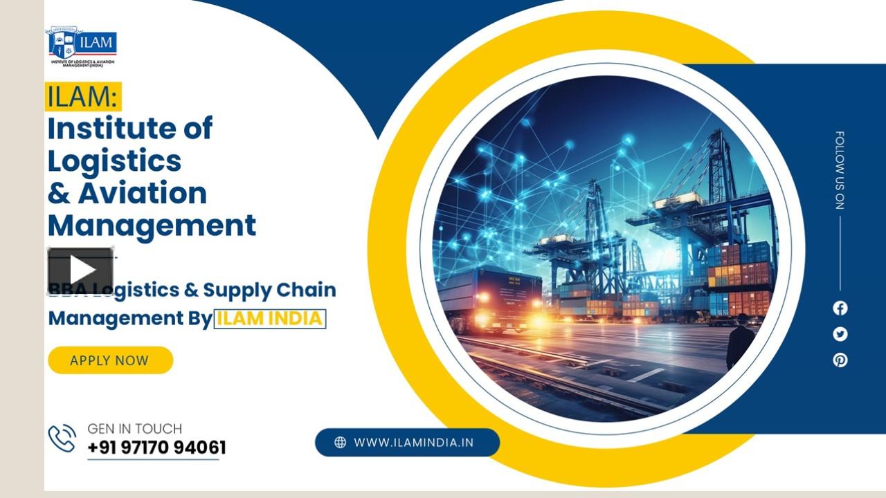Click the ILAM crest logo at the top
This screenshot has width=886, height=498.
[x=81, y=46]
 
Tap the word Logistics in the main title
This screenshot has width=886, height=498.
[x=114, y=160]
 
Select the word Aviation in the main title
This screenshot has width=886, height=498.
[x=142, y=193]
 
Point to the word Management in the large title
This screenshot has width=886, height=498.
[x=152, y=225]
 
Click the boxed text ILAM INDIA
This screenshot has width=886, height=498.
[x=269, y=319]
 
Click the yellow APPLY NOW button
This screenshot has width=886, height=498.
[x=110, y=360]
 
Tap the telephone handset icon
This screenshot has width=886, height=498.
[x=62, y=439]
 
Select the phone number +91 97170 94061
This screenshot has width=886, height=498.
[x=156, y=448]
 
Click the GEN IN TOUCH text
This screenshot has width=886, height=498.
[x=135, y=429]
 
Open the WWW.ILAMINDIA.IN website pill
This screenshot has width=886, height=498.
[x=407, y=443]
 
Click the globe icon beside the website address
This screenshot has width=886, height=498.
[x=340, y=443]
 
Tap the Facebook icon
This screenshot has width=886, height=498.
[x=840, y=308]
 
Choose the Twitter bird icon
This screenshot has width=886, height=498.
[x=840, y=334]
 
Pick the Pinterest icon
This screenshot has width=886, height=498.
[x=840, y=360]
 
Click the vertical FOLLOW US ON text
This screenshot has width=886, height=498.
[x=840, y=169]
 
